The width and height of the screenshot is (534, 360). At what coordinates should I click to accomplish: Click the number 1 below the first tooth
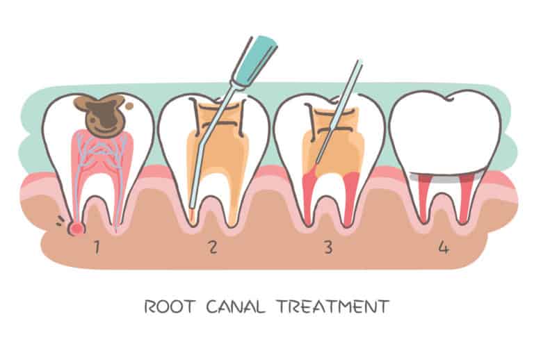tap(97, 247)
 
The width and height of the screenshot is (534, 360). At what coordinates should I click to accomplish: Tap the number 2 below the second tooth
tap(213, 247)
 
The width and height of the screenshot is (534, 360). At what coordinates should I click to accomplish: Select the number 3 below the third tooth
tap(328, 247)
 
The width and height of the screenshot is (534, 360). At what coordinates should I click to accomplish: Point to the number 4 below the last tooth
tap(443, 247)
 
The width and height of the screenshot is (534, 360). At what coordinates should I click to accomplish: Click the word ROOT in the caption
tap(170, 306)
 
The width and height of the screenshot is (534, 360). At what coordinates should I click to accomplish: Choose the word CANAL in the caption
tap(235, 306)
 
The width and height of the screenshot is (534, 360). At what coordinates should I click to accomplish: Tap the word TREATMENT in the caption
tap(333, 306)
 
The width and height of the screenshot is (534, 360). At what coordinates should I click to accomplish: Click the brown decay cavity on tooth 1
tap(100, 114)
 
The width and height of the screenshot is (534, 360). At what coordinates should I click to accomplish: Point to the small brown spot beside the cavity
tap(129, 106)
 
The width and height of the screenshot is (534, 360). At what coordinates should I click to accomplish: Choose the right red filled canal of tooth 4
tap(467, 197)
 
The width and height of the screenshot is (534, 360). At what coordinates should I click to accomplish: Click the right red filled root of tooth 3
tap(352, 197)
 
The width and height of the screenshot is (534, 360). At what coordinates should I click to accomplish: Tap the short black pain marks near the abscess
tap(60, 221)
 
